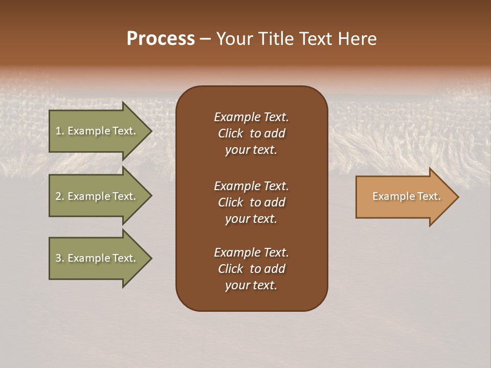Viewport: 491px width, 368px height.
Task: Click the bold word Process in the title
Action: click(x=161, y=39)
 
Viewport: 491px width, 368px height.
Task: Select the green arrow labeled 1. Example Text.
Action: click(x=97, y=131)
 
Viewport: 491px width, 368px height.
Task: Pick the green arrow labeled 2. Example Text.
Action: click(x=97, y=196)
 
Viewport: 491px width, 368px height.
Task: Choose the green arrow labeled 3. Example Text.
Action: click(x=97, y=258)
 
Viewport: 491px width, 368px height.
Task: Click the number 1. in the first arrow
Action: click(x=60, y=131)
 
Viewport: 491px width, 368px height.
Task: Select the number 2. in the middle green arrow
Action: click(x=60, y=196)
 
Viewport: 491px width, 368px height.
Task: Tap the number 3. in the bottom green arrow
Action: click(x=60, y=258)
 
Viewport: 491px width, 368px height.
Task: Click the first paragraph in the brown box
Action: click(x=251, y=133)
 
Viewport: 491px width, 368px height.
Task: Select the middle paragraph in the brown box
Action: click(x=251, y=202)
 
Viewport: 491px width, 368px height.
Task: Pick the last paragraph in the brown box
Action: click(x=251, y=269)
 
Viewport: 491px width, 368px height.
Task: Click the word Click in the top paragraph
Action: click(x=231, y=133)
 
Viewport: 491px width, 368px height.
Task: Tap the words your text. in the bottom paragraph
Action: click(x=251, y=286)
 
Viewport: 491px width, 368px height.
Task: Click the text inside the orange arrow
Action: click(x=406, y=196)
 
